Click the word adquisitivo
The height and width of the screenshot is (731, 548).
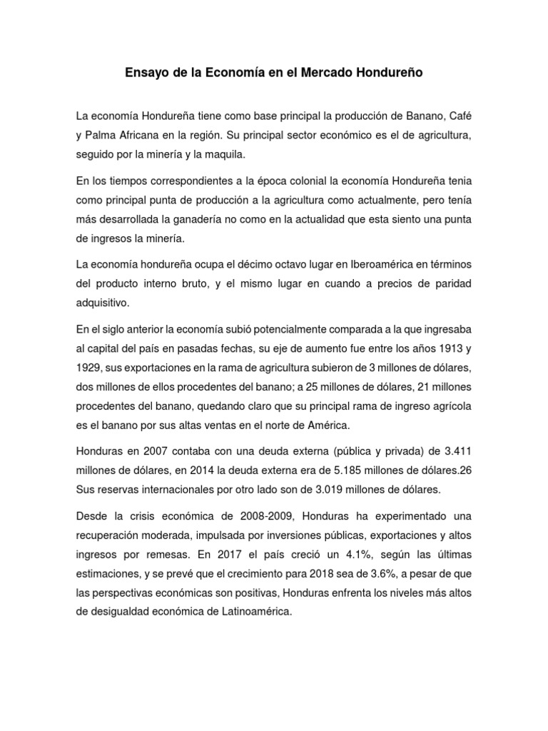click(103, 303)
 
